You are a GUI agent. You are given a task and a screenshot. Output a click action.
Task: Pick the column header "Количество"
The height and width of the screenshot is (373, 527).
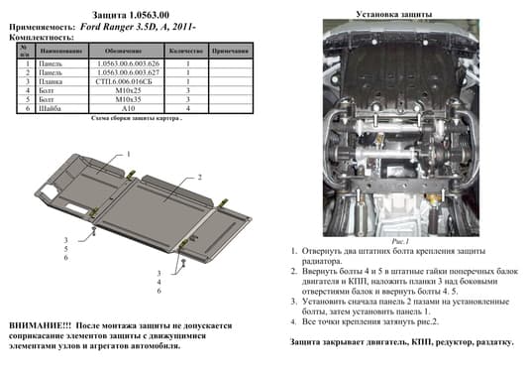(185, 50)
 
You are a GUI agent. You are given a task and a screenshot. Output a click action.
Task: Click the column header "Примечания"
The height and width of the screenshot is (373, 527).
(229, 50)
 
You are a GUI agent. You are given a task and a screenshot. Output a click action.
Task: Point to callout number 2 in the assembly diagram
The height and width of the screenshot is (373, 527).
(199, 177)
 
